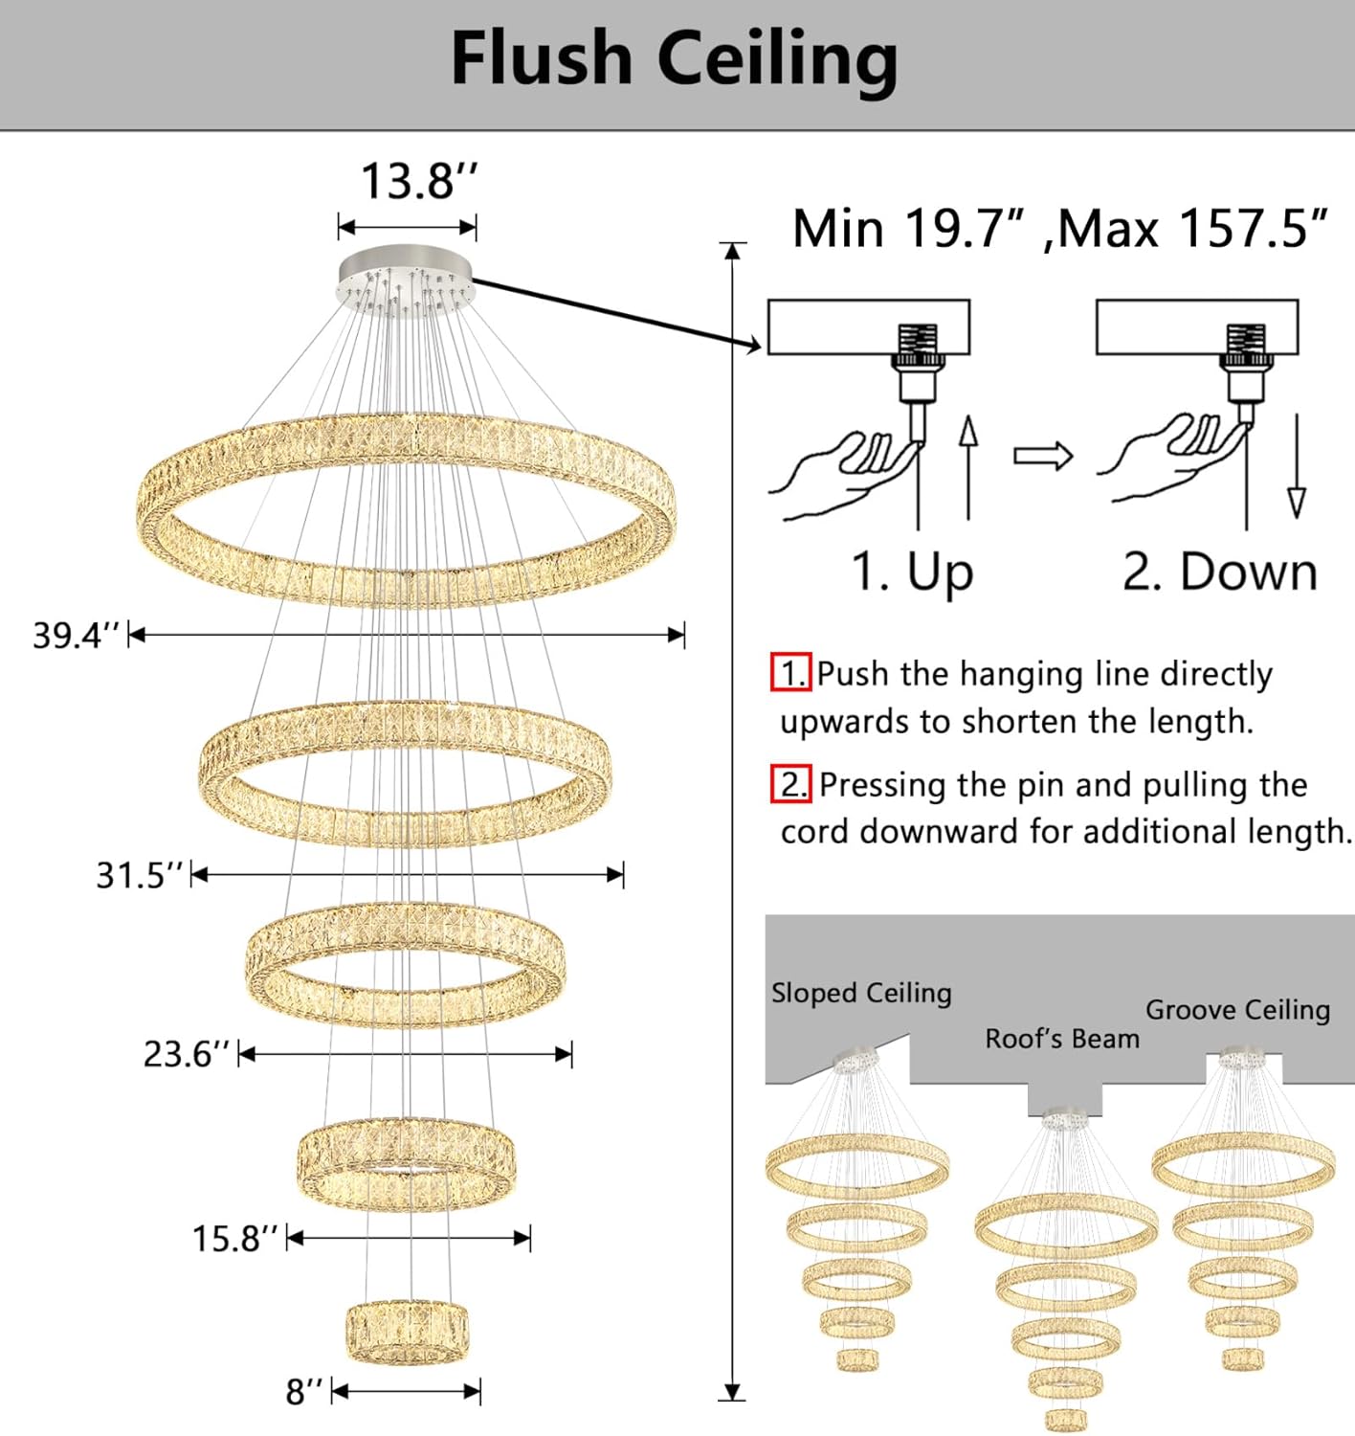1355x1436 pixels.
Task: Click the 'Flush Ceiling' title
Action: (675, 59)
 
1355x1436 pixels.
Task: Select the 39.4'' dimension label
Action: (77, 636)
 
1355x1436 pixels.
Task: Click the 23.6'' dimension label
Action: (188, 1055)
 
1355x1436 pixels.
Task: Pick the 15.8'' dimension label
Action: (236, 1239)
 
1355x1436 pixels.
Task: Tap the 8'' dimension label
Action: (305, 1392)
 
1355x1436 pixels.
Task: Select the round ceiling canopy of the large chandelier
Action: (405, 278)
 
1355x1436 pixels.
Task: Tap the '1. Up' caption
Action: (912, 572)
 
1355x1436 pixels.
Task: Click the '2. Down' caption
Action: (1220, 572)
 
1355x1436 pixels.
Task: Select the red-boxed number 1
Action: (791, 673)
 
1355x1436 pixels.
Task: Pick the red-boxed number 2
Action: (791, 784)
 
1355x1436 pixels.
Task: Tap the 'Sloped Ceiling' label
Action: (861, 994)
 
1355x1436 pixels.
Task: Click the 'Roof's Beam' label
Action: (1062, 1039)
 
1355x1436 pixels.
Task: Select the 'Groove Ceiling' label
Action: (1237, 1010)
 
